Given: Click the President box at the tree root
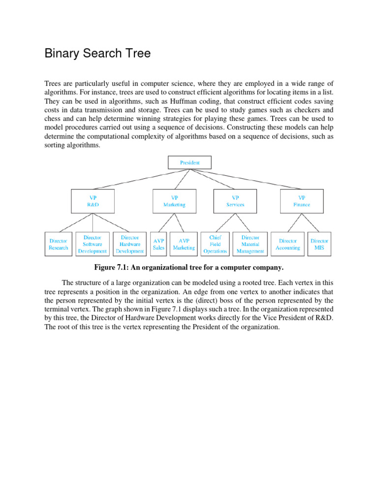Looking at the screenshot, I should (190, 162).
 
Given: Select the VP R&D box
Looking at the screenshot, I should (93, 201).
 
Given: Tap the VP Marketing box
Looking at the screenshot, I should (174, 201).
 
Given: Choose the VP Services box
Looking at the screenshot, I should (235, 201).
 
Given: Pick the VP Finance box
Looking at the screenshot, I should (302, 201).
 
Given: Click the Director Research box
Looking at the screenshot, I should (59, 244).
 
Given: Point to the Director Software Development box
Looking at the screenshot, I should (93, 244).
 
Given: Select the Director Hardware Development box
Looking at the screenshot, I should (130, 244).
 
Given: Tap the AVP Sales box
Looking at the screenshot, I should (158, 244).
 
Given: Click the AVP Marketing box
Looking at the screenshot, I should (184, 244).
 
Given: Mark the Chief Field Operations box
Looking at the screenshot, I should (215, 244).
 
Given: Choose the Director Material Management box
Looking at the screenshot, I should (250, 244).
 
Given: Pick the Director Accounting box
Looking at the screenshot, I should (288, 244).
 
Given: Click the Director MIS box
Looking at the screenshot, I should (319, 244).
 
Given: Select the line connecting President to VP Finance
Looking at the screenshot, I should (256, 179).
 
